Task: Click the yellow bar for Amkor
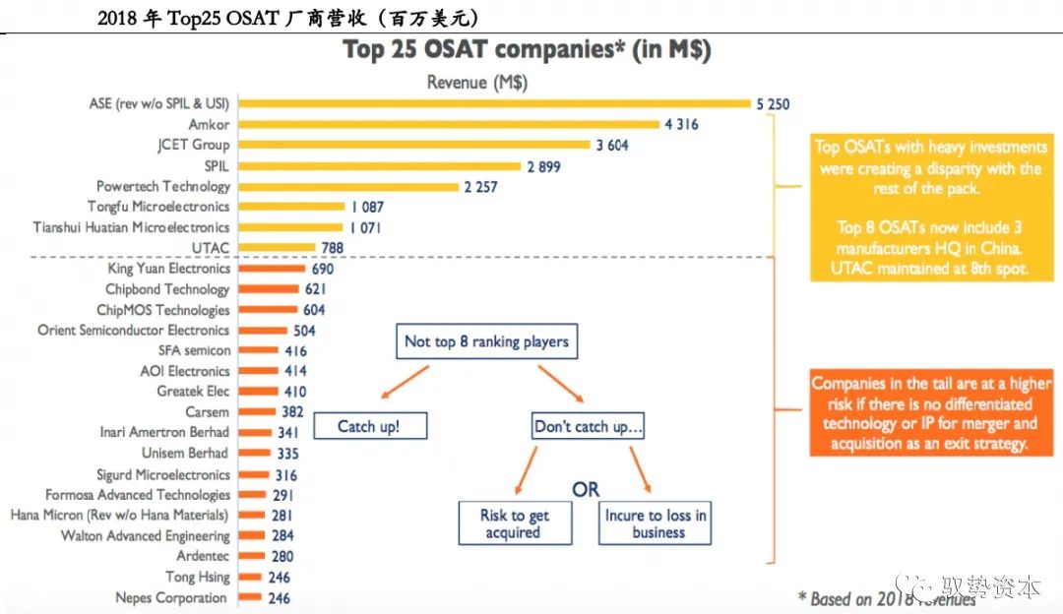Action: point(449,124)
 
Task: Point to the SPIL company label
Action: point(217,165)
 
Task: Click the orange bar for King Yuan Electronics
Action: point(273,269)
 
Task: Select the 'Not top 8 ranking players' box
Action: point(486,341)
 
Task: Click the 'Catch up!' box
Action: point(368,426)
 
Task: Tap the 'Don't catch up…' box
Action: point(589,427)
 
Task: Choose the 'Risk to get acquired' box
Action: point(515,523)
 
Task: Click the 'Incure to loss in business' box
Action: point(656,523)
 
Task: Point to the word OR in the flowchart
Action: point(586,489)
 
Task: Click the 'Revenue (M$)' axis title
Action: point(477,83)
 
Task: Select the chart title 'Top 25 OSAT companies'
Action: point(527,50)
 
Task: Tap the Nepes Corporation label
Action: point(171,597)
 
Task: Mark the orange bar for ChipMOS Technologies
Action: point(268,310)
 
